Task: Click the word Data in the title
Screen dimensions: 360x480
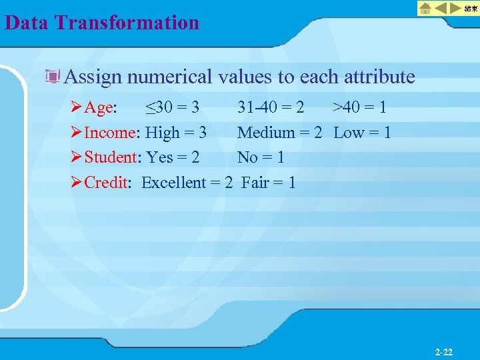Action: click(x=27, y=23)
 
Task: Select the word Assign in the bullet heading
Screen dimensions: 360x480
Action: click(x=93, y=77)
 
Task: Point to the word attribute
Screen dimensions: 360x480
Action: click(x=379, y=77)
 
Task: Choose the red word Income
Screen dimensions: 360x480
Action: click(x=110, y=133)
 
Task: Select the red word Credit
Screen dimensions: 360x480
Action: click(x=106, y=183)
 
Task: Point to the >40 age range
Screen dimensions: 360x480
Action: click(x=348, y=107)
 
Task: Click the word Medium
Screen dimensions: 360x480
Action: click(x=265, y=133)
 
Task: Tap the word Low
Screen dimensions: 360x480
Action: click(x=348, y=133)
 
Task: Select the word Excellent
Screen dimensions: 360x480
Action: click(x=175, y=183)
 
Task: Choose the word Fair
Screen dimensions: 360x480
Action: click(x=255, y=183)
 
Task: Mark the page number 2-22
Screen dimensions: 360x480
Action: click(x=444, y=351)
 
